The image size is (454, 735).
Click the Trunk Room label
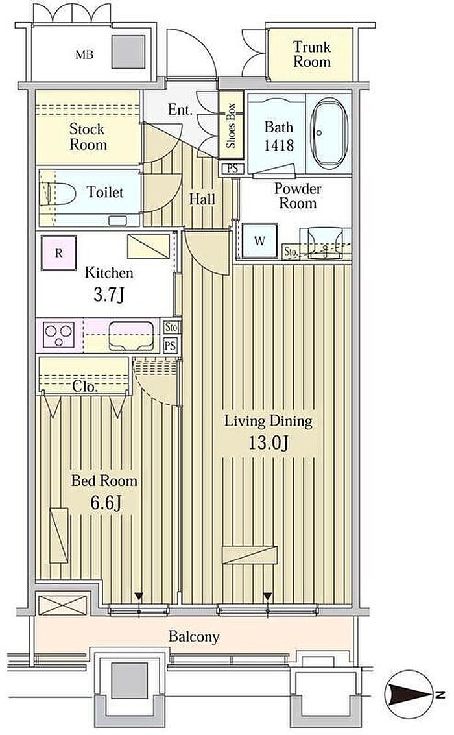312,54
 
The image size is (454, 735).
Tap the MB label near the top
84,55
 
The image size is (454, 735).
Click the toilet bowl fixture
61,193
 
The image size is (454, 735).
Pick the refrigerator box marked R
58,253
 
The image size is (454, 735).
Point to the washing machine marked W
259,241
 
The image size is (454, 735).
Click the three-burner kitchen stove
58,335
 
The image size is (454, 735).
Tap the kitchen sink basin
131,335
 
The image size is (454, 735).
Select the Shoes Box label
231,125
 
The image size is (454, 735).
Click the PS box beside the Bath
232,168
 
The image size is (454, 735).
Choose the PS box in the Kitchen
171,346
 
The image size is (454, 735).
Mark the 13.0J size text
268,442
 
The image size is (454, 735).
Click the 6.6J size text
106,503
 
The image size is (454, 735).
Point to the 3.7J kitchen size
109,295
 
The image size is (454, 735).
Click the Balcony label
193,636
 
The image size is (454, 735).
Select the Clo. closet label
85,387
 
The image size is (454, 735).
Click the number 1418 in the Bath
278,145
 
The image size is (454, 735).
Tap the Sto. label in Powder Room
291,252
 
